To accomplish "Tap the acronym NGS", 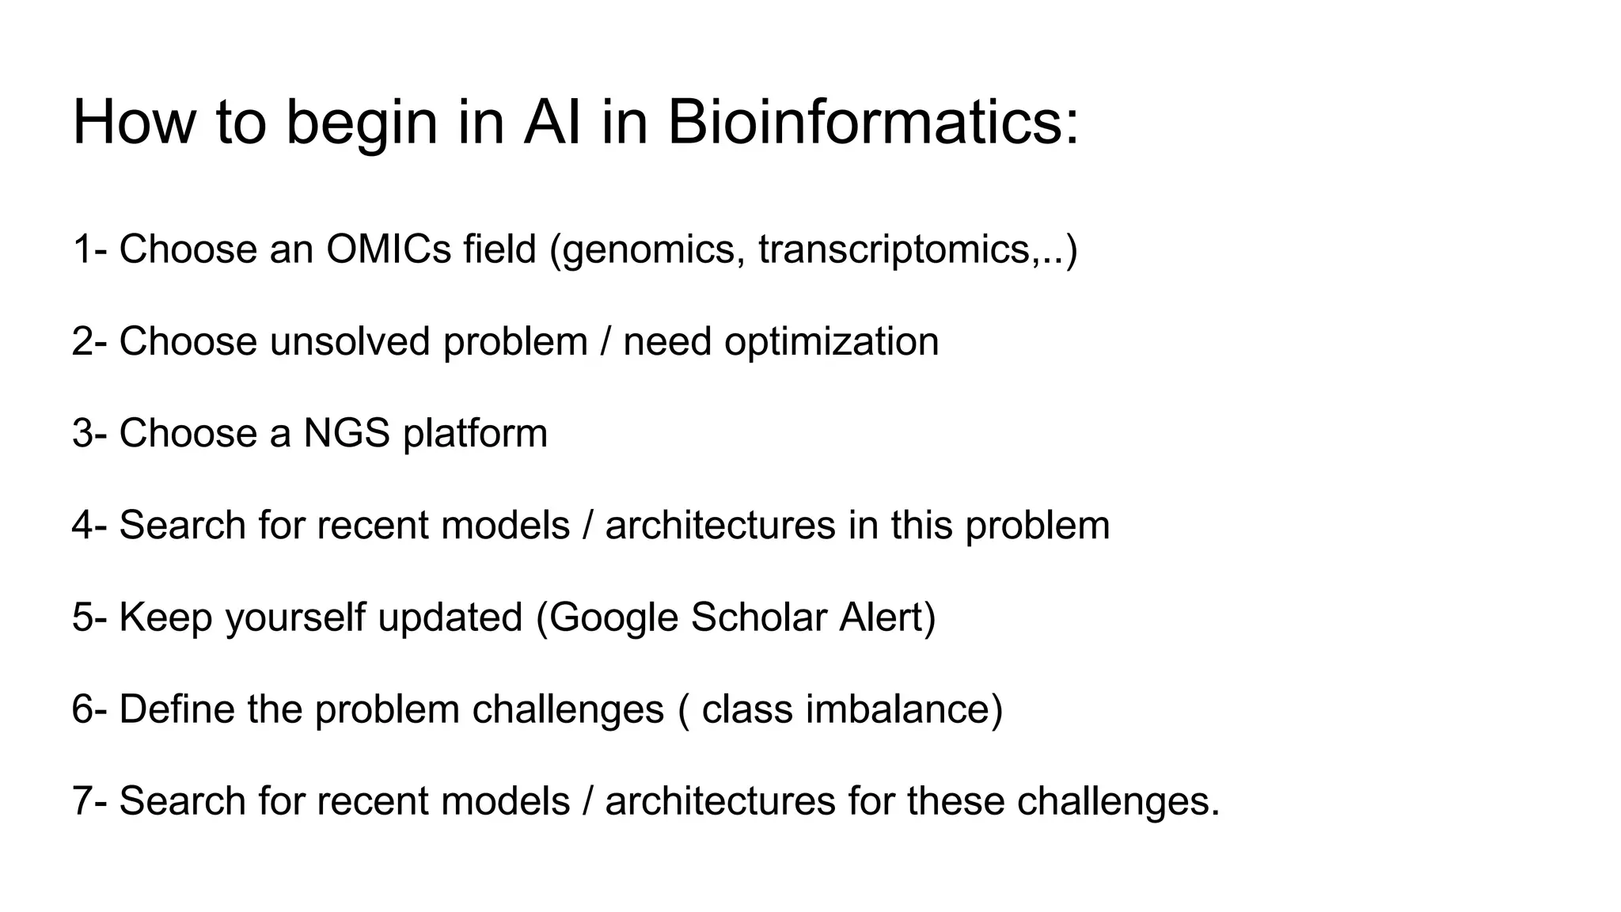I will (347, 433).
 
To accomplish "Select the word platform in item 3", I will (475, 434).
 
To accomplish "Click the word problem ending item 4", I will (1037, 526).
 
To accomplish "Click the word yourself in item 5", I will (295, 617).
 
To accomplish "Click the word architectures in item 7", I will (720, 800).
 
